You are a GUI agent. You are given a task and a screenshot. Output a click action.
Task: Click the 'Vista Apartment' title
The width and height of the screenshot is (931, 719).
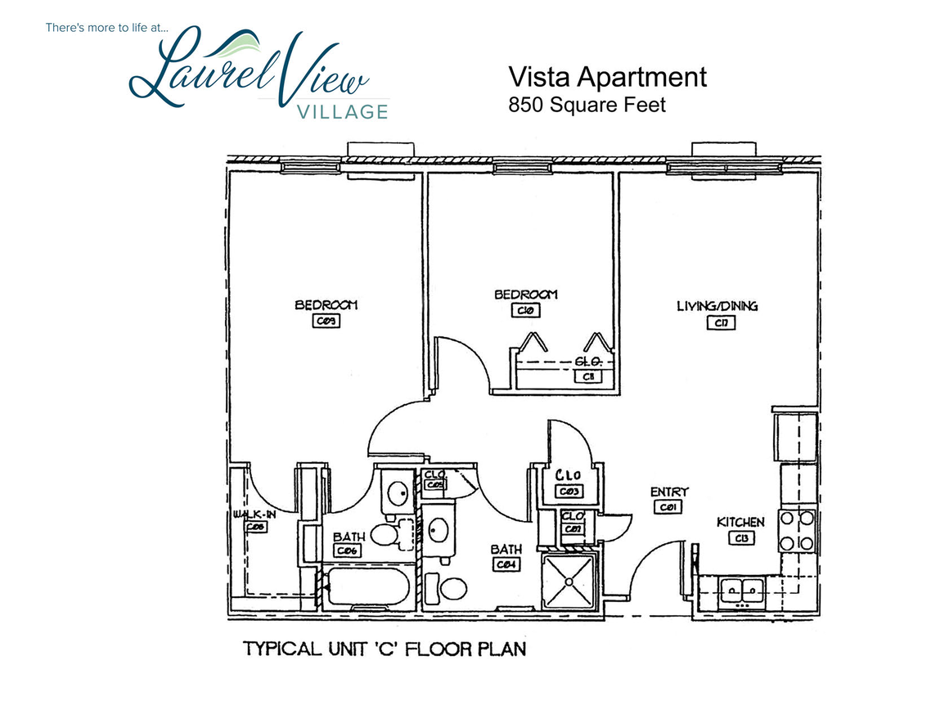[x=607, y=78]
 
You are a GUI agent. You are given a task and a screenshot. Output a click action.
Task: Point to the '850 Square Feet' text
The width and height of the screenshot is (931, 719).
[x=587, y=105]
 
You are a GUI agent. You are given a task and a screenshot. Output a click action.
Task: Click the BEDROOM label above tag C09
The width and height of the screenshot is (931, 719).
[x=326, y=305]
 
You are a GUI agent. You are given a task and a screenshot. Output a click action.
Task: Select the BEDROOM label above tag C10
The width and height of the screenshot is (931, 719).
[x=525, y=294]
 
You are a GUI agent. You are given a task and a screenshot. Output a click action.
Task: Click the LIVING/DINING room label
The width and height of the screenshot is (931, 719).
[x=717, y=307]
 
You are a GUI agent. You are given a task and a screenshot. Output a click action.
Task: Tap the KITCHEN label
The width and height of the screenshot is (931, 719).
[x=740, y=523]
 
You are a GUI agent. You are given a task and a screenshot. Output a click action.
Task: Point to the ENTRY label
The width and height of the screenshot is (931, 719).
[x=668, y=492]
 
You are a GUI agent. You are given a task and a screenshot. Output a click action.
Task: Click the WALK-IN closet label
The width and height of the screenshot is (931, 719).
[x=254, y=514]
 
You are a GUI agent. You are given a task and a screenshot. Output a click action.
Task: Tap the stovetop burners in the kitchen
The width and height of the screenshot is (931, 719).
[x=796, y=530]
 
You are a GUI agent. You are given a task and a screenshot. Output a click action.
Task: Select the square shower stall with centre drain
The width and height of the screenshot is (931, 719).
[x=569, y=580]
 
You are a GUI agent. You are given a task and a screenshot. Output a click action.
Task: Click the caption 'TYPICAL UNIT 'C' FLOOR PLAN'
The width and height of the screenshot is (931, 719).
[x=384, y=649]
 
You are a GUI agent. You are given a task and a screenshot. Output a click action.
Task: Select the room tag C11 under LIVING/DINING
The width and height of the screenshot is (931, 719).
[x=721, y=322]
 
